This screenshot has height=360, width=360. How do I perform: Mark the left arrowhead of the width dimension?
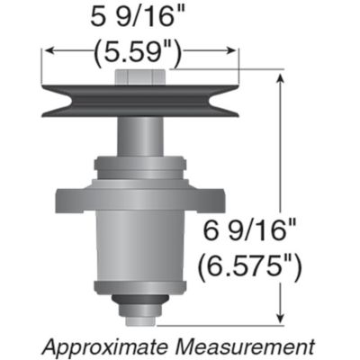coord(47,51)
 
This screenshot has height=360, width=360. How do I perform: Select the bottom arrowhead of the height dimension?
coord(284,316)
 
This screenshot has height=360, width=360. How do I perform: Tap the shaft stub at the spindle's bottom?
coord(140,316)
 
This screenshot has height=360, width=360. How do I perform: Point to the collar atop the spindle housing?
coord(140,166)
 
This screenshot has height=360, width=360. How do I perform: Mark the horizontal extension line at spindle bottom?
coord(225,322)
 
